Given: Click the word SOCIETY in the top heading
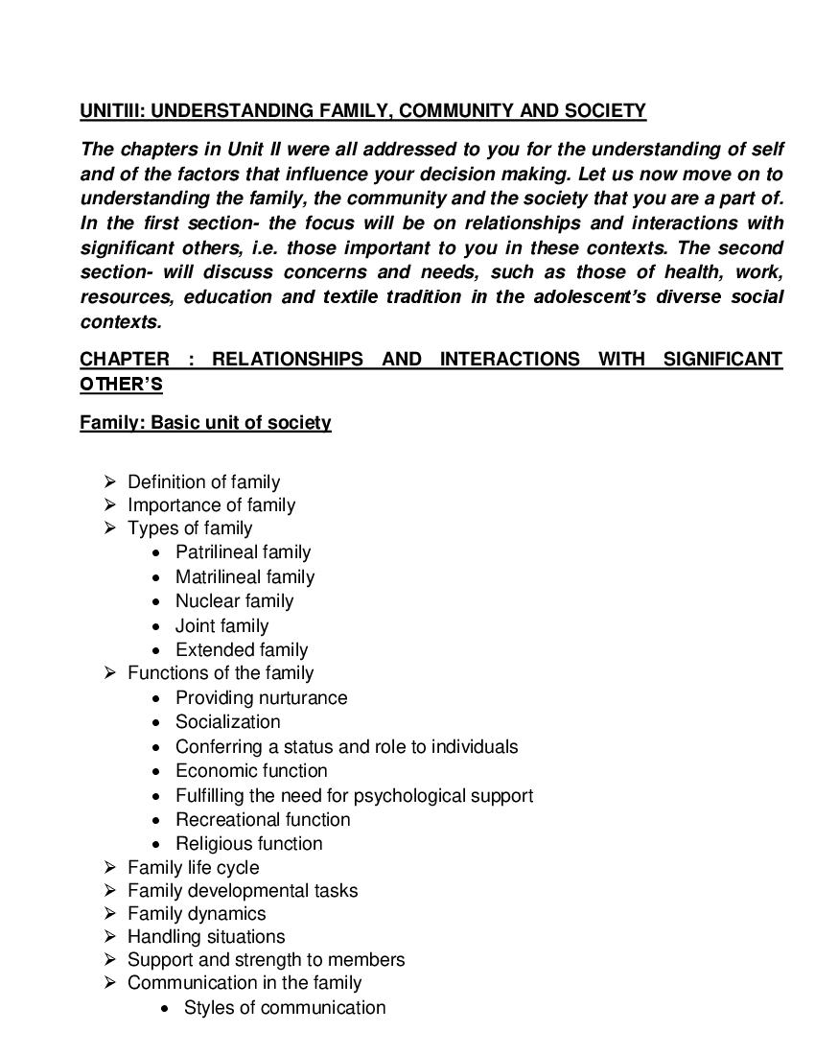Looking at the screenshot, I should (x=607, y=111).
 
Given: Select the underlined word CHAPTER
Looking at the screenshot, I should (x=124, y=360).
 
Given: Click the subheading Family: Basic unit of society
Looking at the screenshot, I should (x=205, y=423).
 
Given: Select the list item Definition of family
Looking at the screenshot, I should (x=203, y=482).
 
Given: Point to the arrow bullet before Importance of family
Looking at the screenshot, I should (x=110, y=505).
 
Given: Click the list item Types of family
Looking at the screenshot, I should (x=190, y=528).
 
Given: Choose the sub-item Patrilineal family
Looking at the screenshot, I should (x=243, y=552).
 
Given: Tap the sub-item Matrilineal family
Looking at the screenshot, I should (x=244, y=577).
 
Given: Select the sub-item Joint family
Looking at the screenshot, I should (x=221, y=626).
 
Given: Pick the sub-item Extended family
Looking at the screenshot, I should (x=242, y=650).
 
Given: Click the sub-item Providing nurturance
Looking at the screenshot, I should (x=261, y=698).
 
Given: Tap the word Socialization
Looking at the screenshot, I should (x=227, y=722).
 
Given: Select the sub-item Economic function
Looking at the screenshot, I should (x=251, y=771).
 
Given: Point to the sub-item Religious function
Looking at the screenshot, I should (x=248, y=844).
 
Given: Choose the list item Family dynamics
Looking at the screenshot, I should (x=197, y=914).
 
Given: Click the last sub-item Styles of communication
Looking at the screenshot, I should (x=285, y=1008).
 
